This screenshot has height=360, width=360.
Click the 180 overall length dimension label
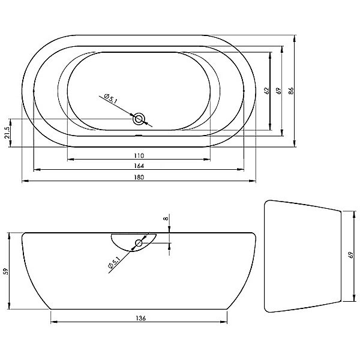pyautogui.click(x=139, y=177)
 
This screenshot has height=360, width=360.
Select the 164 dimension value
pyautogui.click(x=139, y=166)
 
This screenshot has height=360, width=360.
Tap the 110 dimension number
pyautogui.click(x=139, y=155)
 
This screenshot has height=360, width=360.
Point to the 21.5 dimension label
pyautogui.click(x=7, y=133)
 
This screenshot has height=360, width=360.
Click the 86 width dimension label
pyautogui.click(x=290, y=91)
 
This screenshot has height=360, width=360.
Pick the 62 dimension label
pyautogui.click(x=266, y=91)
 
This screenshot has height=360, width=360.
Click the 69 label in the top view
pyautogui.click(x=278, y=91)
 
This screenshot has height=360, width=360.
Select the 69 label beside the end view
pyautogui.click(x=350, y=255)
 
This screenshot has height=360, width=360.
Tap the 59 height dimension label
pyautogui.click(x=7, y=271)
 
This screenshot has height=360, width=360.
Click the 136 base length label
pyautogui.click(x=140, y=318)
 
